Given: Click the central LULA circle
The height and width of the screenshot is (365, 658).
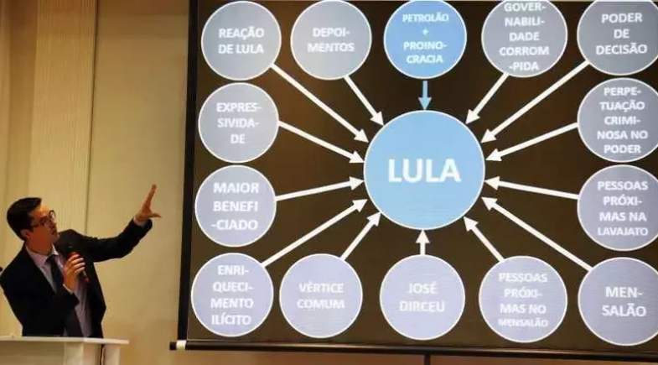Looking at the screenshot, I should pyautogui.click(x=424, y=170).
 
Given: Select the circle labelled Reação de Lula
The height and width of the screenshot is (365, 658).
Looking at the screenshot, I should pyautogui.click(x=241, y=40).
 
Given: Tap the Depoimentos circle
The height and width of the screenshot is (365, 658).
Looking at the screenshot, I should pyautogui.click(x=330, y=39).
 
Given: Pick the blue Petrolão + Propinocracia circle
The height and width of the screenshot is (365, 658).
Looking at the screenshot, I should pyautogui.click(x=424, y=39).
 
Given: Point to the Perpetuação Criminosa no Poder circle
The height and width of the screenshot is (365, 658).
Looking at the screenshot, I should pyautogui.click(x=621, y=120).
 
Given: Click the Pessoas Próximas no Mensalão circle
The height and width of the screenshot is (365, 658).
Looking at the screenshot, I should pyautogui.click(x=522, y=299).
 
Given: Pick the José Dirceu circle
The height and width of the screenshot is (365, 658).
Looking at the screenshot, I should pyautogui.click(x=422, y=297).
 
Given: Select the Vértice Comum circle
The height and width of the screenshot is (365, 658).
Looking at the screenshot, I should pyautogui.click(x=320, y=295).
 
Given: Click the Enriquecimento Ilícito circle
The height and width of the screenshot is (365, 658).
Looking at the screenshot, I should pyautogui.click(x=232, y=295).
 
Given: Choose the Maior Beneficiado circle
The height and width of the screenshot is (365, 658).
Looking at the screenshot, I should pyautogui.click(x=236, y=206).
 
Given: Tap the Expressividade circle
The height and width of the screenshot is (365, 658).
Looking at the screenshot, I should pyautogui.click(x=238, y=123).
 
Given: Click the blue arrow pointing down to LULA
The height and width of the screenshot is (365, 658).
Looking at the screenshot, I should pyautogui.click(x=424, y=94).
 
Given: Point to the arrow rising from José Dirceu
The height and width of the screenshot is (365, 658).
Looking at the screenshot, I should pyautogui.click(x=422, y=242).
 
